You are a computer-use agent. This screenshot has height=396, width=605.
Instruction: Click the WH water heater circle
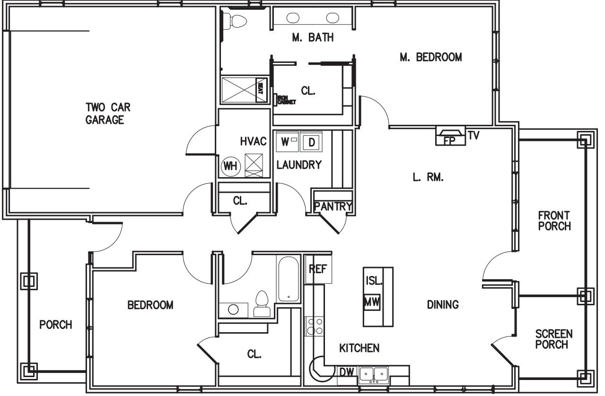(x=230, y=166)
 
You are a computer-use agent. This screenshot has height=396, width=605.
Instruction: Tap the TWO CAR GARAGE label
(x=108, y=113)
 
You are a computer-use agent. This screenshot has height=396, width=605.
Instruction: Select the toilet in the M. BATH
(x=237, y=20)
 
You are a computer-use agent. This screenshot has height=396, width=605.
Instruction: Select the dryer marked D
(x=311, y=142)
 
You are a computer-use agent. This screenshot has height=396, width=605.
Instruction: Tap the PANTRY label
(x=333, y=207)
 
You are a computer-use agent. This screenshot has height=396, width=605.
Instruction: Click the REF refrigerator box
(x=318, y=269)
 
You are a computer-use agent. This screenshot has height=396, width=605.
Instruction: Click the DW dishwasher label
(x=346, y=373)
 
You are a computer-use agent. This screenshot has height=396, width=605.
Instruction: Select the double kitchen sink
(x=374, y=375)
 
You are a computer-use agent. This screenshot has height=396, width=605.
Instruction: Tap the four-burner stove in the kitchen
(x=316, y=326)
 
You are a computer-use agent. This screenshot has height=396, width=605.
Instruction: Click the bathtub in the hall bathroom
(x=289, y=279)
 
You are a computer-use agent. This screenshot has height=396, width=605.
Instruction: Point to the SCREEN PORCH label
(x=553, y=339)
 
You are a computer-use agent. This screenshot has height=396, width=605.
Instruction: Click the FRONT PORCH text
(x=554, y=221)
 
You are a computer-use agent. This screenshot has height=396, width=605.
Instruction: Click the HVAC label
(x=254, y=141)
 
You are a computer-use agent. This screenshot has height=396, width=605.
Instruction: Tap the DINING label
(x=443, y=305)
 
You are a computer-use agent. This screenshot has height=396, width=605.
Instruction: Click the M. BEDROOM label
(x=430, y=58)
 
